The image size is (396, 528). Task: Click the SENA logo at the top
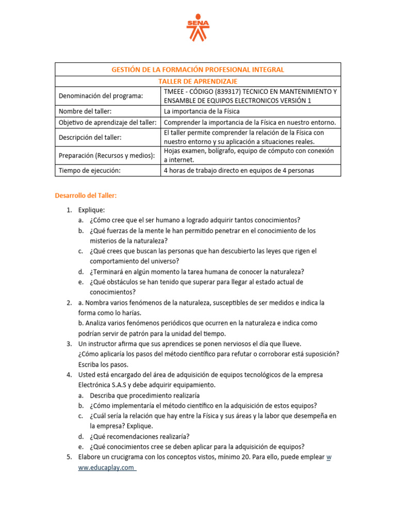tap(197, 28)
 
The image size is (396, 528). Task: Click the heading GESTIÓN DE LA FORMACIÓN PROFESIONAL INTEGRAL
tap(197, 70)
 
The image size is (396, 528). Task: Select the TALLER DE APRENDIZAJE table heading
tap(197, 81)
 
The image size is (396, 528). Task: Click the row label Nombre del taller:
tap(85, 111)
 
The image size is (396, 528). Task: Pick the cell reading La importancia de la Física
tap(202, 111)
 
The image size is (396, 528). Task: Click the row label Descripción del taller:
tap(91, 137)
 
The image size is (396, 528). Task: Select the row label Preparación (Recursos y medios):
tap(106, 155)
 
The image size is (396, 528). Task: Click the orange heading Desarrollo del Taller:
tap(86, 195)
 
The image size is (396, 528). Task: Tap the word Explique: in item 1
tap(91, 210)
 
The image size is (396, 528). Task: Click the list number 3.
tap(69, 343)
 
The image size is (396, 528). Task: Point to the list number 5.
tap(69, 457)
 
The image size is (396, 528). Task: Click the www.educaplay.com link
tap(107, 467)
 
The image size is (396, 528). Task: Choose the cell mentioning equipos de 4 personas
tap(239, 170)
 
